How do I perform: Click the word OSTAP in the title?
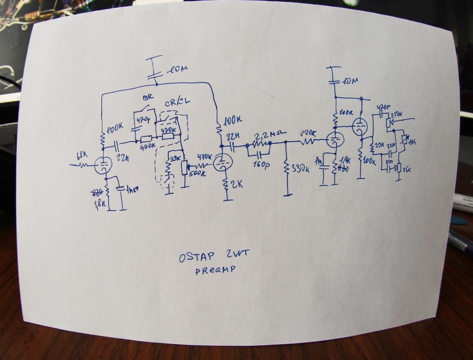197,257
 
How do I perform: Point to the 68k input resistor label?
81,155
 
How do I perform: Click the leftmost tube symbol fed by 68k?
102,165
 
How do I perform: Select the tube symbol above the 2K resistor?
221,164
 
